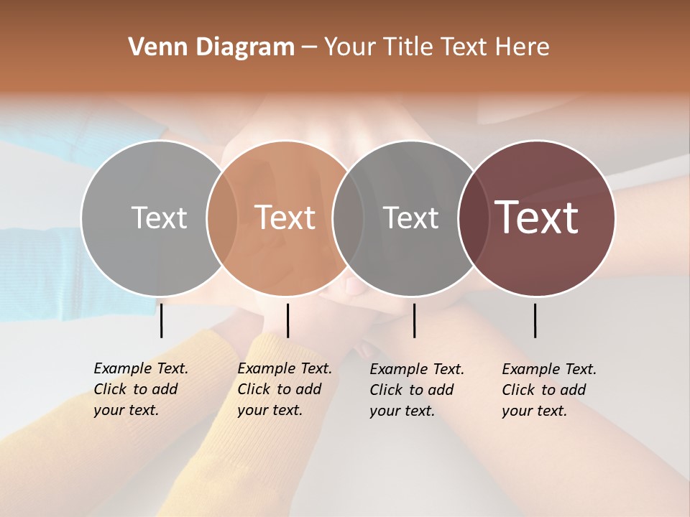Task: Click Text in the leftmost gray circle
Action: pyautogui.click(x=159, y=218)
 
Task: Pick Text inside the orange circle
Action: pyautogui.click(x=285, y=218)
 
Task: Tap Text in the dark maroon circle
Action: pyautogui.click(x=536, y=218)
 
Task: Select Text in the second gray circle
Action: pyautogui.click(x=410, y=218)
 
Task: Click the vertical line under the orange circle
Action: pyautogui.click(x=287, y=320)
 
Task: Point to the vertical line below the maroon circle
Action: pyautogui.click(x=535, y=320)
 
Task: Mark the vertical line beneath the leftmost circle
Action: pyautogui.click(x=162, y=320)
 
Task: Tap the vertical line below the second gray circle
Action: pyautogui.click(x=414, y=320)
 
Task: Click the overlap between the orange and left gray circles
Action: pyautogui.click(x=222, y=218)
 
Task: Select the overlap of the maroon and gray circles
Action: pyautogui.click(x=474, y=218)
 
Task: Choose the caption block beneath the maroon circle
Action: pyautogui.click(x=549, y=390)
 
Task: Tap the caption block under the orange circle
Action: pyautogui.click(x=285, y=389)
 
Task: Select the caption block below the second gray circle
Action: pyautogui.click(x=417, y=390)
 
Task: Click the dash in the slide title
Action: pyautogui.click(x=309, y=47)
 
